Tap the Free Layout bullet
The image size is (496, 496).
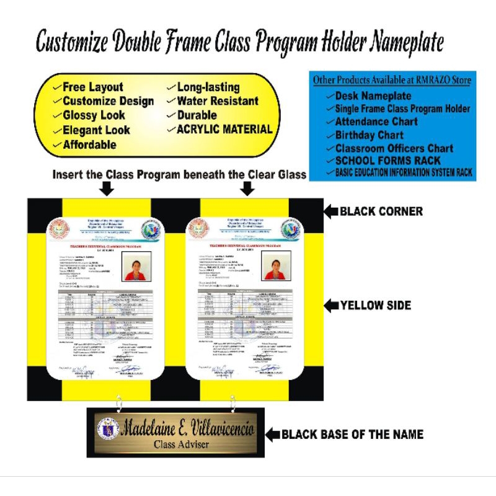click(92, 87)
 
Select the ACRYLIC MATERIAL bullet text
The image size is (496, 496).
click(224, 129)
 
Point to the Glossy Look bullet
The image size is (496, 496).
click(94, 115)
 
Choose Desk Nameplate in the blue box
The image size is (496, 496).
click(373, 96)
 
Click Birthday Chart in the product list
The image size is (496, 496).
click(369, 135)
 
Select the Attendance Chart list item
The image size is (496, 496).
click(376, 122)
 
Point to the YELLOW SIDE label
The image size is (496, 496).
click(377, 305)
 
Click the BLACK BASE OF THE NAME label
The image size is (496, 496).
click(352, 435)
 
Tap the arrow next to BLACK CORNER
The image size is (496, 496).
click(331, 211)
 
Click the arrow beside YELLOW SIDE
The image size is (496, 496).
click(331, 305)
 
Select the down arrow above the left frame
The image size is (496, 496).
click(107, 189)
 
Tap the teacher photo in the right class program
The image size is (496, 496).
click(277, 265)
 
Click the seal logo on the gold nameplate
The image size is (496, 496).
click(108, 429)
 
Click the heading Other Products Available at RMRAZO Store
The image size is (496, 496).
click(391, 80)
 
